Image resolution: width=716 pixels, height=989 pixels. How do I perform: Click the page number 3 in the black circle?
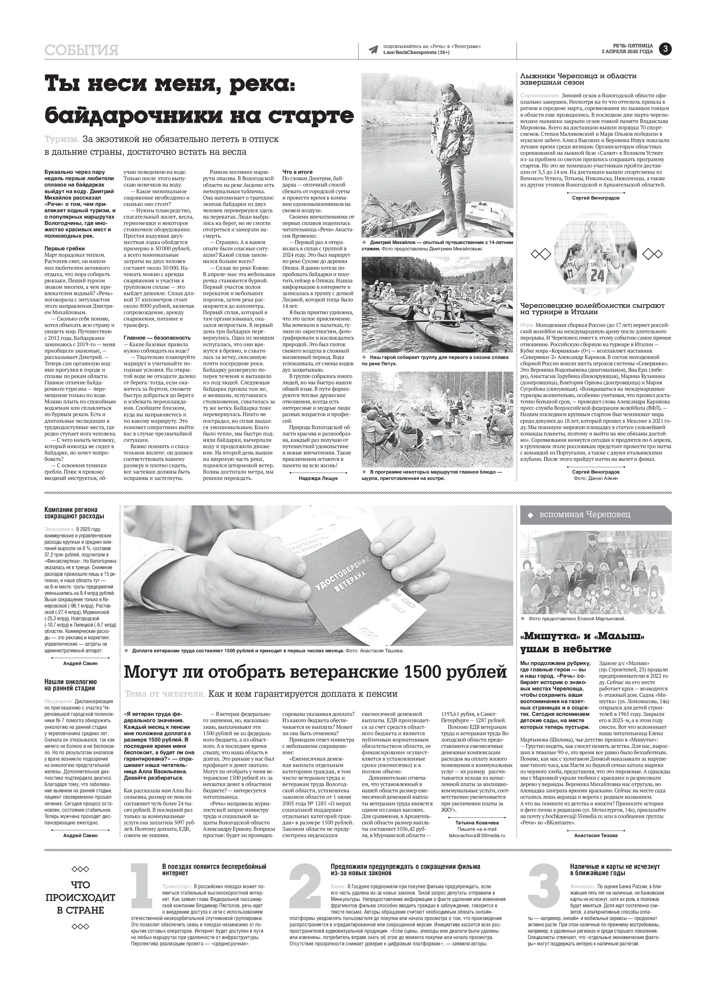pos(665,49)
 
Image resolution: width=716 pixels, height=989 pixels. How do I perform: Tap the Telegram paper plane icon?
pos(373,49)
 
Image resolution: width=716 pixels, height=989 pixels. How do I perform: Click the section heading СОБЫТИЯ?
pos(81,50)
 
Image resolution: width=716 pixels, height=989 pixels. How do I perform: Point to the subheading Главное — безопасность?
pos(157,338)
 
